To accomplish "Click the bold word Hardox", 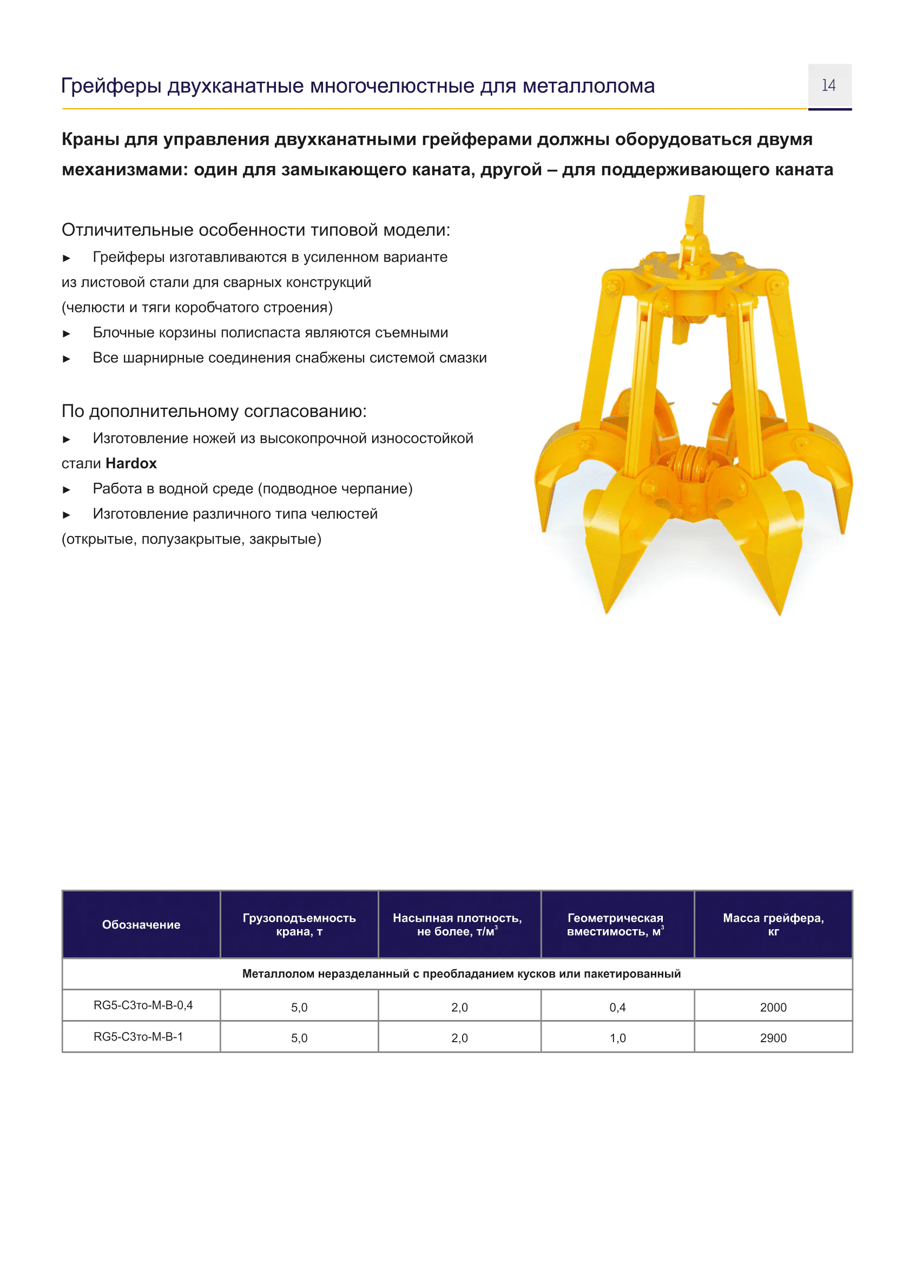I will (x=131, y=463).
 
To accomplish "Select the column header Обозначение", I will (x=141, y=925).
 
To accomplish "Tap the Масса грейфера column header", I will (x=773, y=925).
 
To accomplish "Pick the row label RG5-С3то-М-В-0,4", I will (x=143, y=1005).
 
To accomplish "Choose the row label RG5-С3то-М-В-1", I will (x=138, y=1037).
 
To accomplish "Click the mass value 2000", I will (x=773, y=1008).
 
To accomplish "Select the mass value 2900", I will (x=773, y=1038).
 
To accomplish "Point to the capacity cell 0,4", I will (x=617, y=1008).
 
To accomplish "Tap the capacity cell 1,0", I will (x=617, y=1038).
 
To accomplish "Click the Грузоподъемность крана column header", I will (x=299, y=925).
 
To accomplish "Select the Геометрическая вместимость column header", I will (x=615, y=925).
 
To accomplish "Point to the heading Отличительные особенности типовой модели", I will (x=255, y=230).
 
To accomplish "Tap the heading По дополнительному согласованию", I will (x=214, y=412).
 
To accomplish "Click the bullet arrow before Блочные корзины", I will (x=67, y=334).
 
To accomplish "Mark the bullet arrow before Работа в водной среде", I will (x=67, y=489).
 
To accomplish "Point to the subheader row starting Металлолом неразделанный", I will (x=461, y=974).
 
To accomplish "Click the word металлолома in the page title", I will (x=588, y=86).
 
